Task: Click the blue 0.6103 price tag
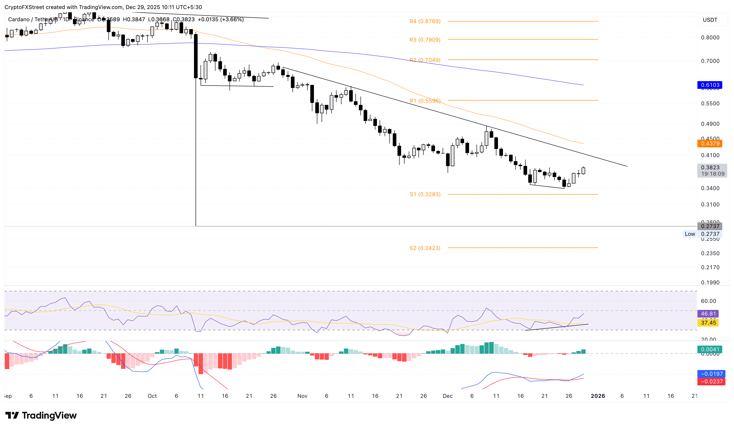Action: (x=710, y=85)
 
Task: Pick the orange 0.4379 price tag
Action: (x=710, y=143)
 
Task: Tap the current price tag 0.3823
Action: (x=710, y=167)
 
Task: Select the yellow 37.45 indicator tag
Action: (x=708, y=323)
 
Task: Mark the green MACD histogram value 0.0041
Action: (x=710, y=349)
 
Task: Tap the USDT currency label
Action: (x=710, y=20)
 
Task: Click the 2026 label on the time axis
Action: (x=598, y=396)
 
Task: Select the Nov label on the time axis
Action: (x=302, y=396)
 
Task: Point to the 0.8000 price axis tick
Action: (x=710, y=38)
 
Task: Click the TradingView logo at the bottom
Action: (x=41, y=415)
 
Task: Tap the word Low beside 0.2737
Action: (x=690, y=234)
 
